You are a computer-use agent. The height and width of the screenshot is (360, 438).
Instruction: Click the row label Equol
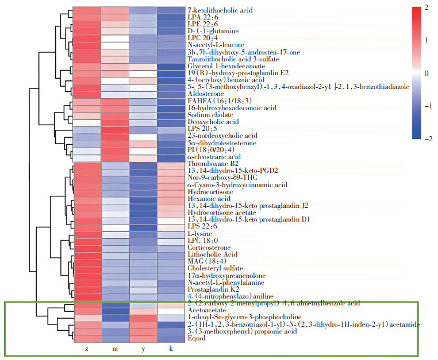tap(196, 339)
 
